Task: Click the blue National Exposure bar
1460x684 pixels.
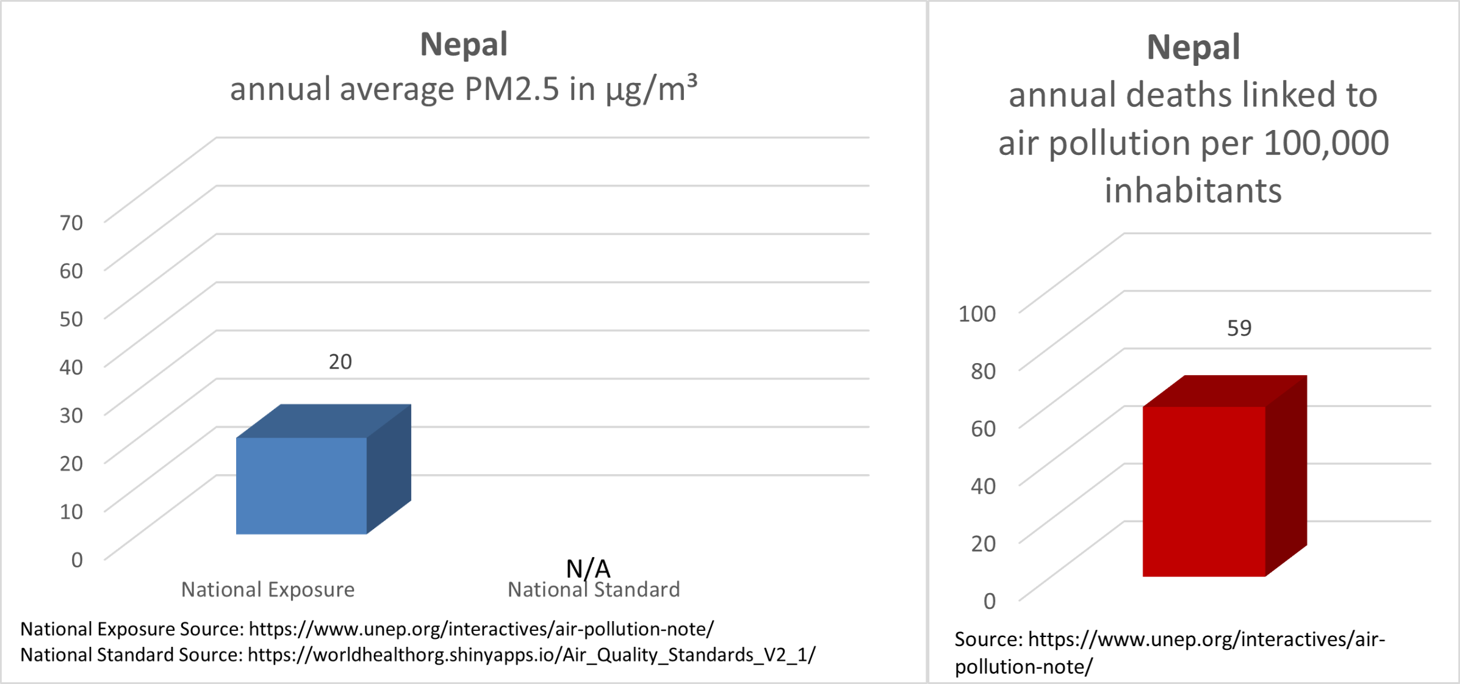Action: click(x=323, y=469)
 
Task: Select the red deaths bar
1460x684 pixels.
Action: click(x=1224, y=476)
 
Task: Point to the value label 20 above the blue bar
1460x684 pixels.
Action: click(x=340, y=362)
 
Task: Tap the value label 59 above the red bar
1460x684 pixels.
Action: click(x=1239, y=328)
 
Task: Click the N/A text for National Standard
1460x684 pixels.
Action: click(x=588, y=569)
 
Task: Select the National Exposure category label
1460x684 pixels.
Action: click(x=268, y=589)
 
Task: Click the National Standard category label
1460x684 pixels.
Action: click(x=594, y=589)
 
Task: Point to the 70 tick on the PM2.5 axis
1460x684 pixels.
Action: click(x=71, y=223)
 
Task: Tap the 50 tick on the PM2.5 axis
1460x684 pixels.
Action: click(x=71, y=319)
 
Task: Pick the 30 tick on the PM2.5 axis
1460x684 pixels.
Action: click(x=71, y=416)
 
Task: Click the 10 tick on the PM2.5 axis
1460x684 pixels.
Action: click(x=71, y=511)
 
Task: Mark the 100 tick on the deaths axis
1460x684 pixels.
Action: click(x=977, y=314)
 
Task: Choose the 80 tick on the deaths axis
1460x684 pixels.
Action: click(x=983, y=371)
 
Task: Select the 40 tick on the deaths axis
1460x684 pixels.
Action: click(x=983, y=486)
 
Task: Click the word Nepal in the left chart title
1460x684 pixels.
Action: click(x=464, y=45)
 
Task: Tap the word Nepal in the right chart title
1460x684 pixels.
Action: click(x=1193, y=47)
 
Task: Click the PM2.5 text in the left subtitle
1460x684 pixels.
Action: click(x=511, y=89)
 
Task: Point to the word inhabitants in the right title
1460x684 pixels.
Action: click(x=1193, y=190)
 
